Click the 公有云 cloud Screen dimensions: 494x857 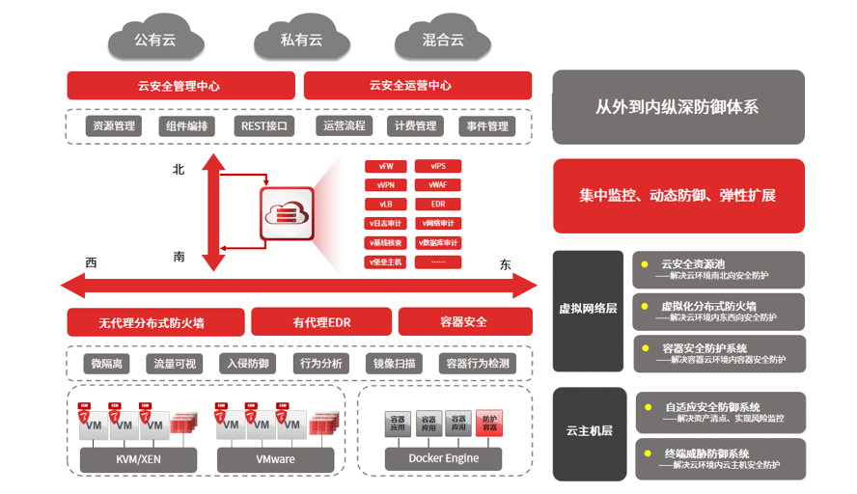(x=155, y=41)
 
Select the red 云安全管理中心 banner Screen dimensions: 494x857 (x=180, y=86)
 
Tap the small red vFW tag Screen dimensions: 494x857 (x=386, y=166)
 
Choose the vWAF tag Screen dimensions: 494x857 (x=438, y=184)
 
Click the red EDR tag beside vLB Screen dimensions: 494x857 (x=438, y=204)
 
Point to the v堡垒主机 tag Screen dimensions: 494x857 (x=386, y=261)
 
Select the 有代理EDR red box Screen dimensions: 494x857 (x=321, y=321)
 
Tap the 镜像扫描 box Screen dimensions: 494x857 (x=395, y=364)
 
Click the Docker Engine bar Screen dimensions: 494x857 (x=444, y=458)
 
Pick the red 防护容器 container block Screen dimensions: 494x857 (x=489, y=423)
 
